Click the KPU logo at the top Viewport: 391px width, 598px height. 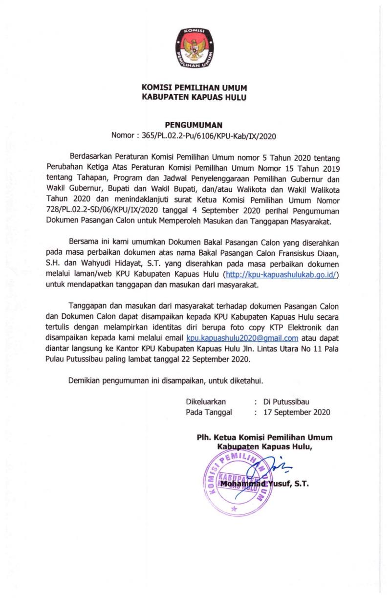pos(194,47)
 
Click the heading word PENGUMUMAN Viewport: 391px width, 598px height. pos(194,125)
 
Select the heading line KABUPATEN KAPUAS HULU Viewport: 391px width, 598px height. pos(194,97)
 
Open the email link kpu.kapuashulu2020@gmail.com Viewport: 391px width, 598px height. pos(242,338)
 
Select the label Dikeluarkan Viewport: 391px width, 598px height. pos(206,401)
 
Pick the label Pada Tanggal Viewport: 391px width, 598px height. pos(209,412)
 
